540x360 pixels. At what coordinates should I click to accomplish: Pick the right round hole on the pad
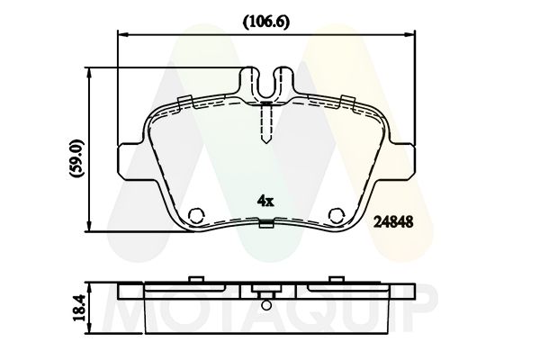[x=337, y=215]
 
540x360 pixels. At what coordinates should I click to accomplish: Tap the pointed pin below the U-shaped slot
[x=267, y=126]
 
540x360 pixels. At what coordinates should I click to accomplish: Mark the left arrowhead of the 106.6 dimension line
[x=124, y=36]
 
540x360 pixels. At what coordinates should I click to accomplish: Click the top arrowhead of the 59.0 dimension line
[x=90, y=70]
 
